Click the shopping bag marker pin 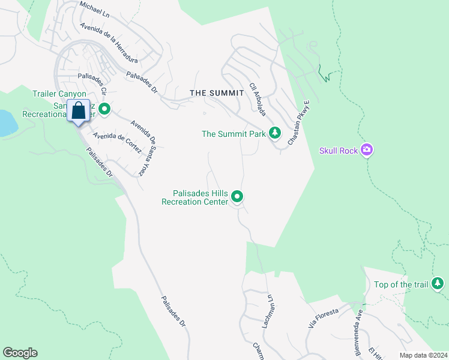coord(79,112)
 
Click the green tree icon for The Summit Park coord(275,133)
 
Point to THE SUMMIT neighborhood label coord(217,93)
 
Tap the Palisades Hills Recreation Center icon coord(238,196)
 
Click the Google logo coord(20,353)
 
